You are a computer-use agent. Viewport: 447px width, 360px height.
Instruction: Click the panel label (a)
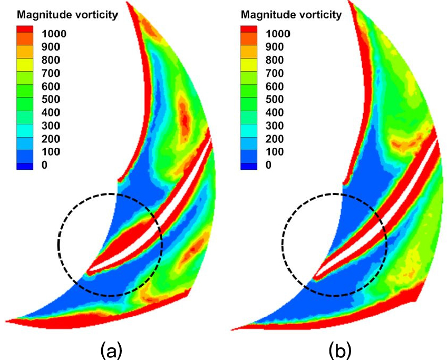(x=111, y=349)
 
